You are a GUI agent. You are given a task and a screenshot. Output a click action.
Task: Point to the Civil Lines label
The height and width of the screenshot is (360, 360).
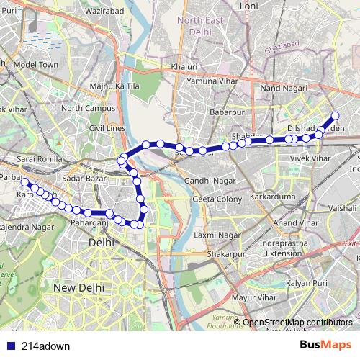(x=107, y=128)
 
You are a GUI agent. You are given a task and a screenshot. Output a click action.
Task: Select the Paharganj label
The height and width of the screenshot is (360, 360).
(x=90, y=224)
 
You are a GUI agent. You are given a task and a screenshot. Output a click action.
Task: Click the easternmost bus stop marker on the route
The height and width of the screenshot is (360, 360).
(x=335, y=116)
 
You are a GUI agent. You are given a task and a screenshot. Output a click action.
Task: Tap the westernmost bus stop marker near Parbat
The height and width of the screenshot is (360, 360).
(x=25, y=183)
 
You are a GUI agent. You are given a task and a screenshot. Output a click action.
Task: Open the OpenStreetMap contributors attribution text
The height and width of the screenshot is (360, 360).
(x=297, y=322)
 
